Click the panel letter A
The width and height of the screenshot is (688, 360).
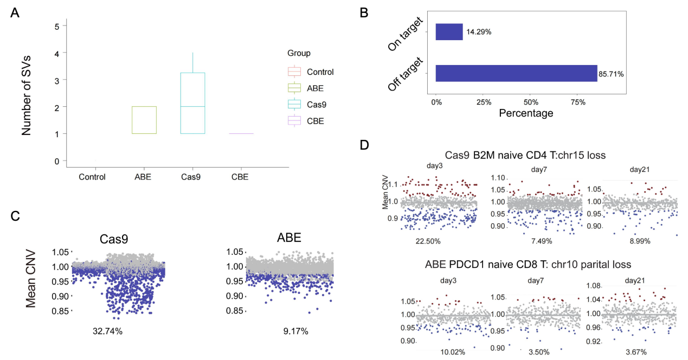tap(15, 14)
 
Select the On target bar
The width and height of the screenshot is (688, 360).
tap(449, 32)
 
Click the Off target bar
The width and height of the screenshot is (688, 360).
tap(516, 73)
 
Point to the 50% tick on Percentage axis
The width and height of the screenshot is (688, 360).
tap(531, 102)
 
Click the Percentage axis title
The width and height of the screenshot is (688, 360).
tap(526, 114)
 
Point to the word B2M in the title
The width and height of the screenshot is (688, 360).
tap(478, 155)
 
